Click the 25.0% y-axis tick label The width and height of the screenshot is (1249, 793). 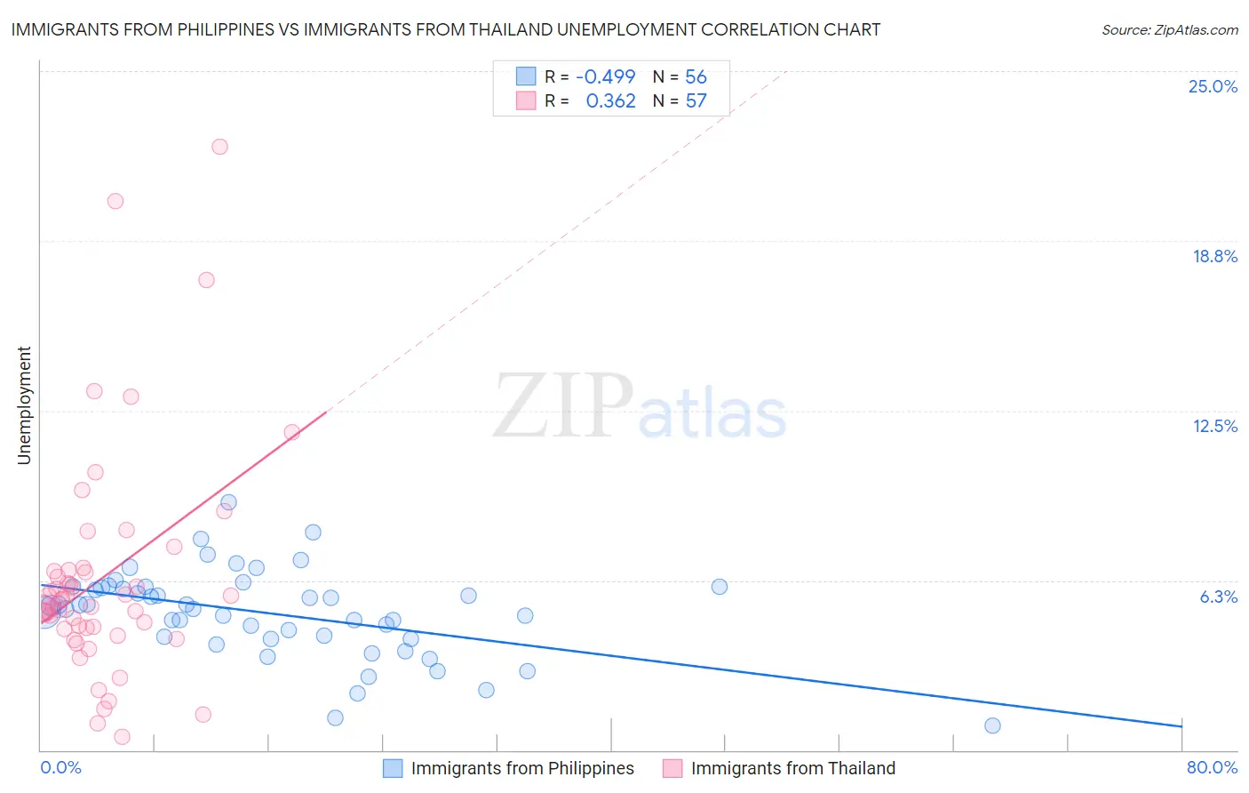click(1213, 86)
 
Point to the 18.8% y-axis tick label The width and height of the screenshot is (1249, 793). click(1214, 256)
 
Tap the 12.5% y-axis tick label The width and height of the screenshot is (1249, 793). click(1214, 426)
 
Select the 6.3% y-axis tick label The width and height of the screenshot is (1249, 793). click(1218, 597)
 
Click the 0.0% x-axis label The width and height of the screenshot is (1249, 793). click(60, 767)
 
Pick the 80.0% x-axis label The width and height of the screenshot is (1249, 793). click(1212, 767)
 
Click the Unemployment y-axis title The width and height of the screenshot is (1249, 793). click(24, 405)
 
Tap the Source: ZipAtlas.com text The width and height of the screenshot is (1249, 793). click(1169, 30)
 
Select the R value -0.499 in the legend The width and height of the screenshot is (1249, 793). click(605, 76)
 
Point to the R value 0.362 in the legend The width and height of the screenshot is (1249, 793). click(610, 101)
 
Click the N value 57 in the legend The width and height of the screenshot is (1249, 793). click(696, 101)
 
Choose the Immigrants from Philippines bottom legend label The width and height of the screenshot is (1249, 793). click(522, 768)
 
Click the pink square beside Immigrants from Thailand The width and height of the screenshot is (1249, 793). click(672, 768)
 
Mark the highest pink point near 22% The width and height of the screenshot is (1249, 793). click(219, 147)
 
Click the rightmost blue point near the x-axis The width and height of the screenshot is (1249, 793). click(992, 725)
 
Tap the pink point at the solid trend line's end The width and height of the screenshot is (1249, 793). click(291, 432)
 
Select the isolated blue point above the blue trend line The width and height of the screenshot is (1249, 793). click(720, 587)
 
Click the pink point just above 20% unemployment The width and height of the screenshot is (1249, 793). click(115, 201)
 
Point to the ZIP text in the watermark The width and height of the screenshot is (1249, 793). click(562, 406)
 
